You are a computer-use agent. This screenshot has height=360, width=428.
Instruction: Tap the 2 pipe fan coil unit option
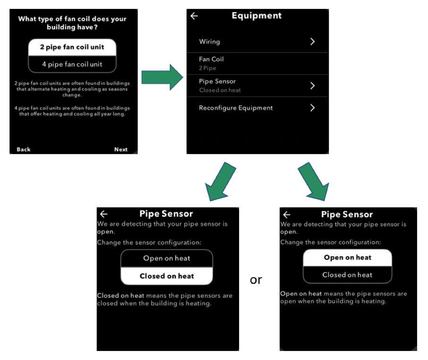pos(72,47)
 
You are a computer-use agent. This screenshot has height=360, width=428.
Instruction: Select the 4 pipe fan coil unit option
pos(72,64)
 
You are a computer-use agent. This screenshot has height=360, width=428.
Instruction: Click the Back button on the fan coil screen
pos(24,149)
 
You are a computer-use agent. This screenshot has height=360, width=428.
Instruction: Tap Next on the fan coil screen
pos(120,149)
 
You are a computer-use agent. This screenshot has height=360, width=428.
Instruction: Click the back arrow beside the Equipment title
pos(194,16)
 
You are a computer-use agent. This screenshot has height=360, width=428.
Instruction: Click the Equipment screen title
pos(257,16)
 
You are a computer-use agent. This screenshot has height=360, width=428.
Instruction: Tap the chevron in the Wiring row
pos(313,42)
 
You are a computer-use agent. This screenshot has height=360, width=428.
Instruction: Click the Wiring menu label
pos(209,42)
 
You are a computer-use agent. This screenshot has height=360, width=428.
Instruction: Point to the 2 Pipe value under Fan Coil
pos(207,68)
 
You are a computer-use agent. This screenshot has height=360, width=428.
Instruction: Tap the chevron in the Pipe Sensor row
pos(313,86)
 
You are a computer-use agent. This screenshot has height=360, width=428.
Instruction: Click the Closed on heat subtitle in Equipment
pos(220,90)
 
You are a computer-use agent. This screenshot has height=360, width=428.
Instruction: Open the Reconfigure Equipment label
pos(236,108)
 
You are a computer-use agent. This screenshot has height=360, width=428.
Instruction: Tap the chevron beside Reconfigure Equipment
pos(313,108)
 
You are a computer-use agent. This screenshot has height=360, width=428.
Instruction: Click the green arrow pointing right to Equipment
pos(163,77)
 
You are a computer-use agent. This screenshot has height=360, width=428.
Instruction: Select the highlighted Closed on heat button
pos(167,276)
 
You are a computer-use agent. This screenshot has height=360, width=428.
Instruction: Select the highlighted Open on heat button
pos(348,257)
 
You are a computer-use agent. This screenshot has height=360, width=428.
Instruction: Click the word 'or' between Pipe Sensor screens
pos(256,280)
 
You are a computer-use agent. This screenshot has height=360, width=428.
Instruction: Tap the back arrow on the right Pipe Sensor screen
pos(287,215)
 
